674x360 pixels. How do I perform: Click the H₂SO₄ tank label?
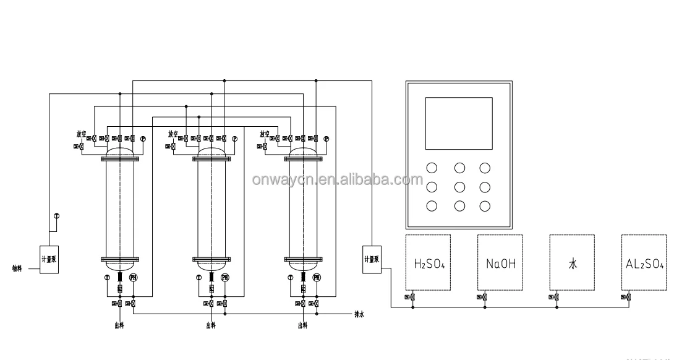click(429, 264)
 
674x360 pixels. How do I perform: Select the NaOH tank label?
click(501, 264)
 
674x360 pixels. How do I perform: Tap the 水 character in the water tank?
click(573, 264)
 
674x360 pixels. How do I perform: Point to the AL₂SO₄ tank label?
click(644, 264)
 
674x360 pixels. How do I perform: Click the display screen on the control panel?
click(459, 122)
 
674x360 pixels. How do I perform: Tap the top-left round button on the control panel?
click(432, 168)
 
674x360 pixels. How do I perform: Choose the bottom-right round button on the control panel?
click(485, 206)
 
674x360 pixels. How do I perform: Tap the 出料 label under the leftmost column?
click(118, 325)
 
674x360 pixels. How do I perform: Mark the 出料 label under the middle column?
click(211, 325)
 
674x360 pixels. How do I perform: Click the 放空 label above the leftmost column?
click(81, 134)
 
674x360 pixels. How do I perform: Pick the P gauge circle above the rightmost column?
click(326, 139)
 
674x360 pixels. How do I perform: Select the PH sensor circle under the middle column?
click(225, 278)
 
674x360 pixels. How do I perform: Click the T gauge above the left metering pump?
click(56, 216)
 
